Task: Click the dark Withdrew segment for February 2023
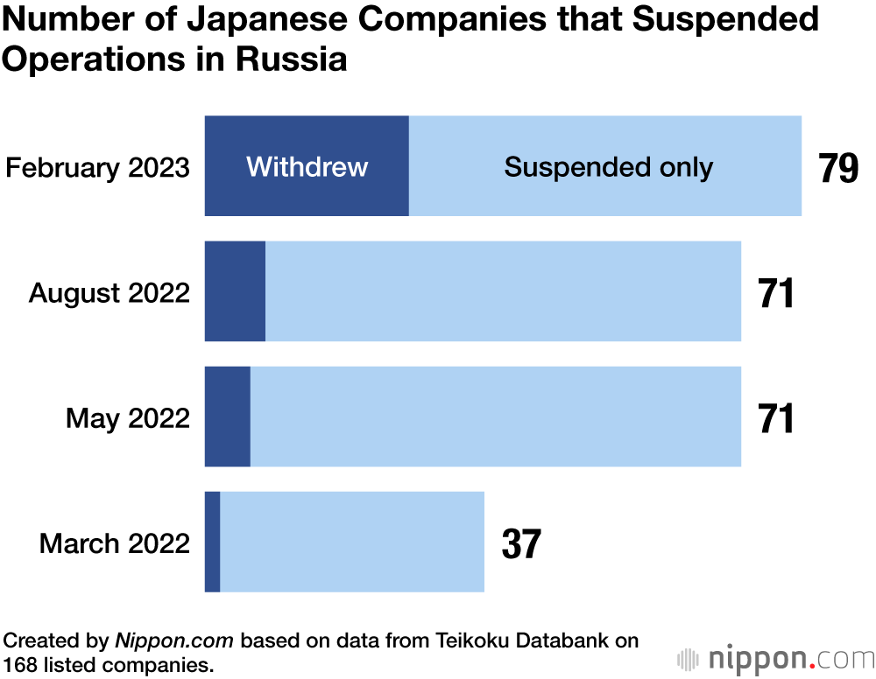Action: [x=307, y=165]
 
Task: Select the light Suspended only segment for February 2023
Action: [x=605, y=165]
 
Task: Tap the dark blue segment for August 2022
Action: [x=235, y=291]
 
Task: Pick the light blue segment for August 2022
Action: [x=503, y=291]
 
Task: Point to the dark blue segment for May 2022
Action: [x=228, y=416]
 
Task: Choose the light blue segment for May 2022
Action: [x=496, y=416]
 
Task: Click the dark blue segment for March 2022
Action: [x=212, y=542]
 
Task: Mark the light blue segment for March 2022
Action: [x=352, y=542]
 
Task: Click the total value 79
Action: [x=838, y=168]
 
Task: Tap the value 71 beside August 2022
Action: [x=776, y=293]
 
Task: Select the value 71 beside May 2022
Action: [x=776, y=418]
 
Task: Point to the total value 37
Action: [x=521, y=543]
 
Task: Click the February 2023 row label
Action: [x=97, y=167]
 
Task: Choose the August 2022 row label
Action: [x=109, y=292]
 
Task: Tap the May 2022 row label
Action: [x=128, y=417]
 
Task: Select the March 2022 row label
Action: [x=115, y=543]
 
